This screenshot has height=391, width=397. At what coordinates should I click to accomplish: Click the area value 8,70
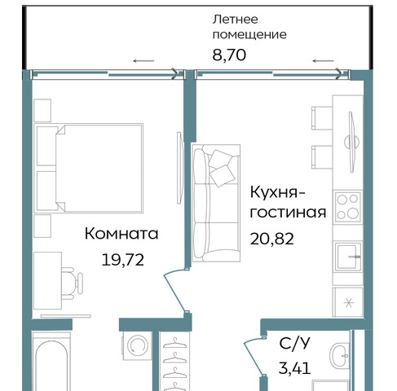(229, 55)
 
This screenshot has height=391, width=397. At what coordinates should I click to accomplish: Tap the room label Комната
(121, 234)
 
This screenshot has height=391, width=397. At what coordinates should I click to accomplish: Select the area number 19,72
(122, 260)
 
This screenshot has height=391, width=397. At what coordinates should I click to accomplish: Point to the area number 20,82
(271, 239)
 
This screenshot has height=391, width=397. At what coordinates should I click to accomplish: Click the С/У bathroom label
(294, 344)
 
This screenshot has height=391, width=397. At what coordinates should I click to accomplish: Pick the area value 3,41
(294, 368)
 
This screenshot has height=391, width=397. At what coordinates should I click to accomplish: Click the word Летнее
(235, 20)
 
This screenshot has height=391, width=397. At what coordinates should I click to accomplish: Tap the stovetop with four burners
(348, 207)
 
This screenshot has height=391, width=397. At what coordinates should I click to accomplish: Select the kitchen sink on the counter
(348, 257)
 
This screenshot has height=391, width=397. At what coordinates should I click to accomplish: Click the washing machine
(137, 345)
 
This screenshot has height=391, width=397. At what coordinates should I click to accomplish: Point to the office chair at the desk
(71, 283)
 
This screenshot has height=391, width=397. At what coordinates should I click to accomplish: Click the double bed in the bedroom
(89, 168)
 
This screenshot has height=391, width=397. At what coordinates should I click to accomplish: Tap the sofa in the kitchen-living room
(216, 203)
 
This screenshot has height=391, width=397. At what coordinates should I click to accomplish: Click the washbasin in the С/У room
(340, 356)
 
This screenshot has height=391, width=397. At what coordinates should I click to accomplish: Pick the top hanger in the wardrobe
(174, 343)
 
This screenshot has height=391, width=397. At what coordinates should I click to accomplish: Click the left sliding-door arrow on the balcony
(143, 61)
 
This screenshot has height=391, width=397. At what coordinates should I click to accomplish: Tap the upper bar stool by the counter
(322, 118)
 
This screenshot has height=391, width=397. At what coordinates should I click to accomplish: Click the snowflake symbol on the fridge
(349, 303)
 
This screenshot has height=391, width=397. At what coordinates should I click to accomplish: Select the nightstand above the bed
(42, 110)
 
